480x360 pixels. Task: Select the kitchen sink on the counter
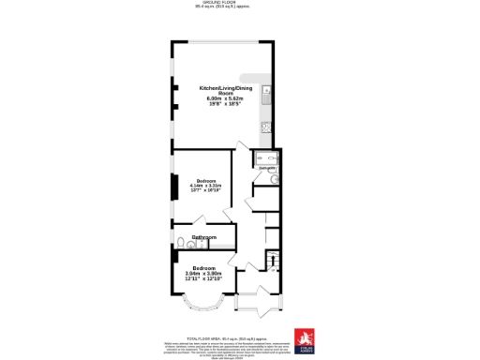tap(267, 95)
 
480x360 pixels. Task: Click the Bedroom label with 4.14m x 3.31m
tap(206, 180)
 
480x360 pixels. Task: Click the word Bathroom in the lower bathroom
tap(204, 238)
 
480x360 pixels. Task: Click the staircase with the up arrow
tap(274, 262)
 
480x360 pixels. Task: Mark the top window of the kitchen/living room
tap(221, 41)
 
